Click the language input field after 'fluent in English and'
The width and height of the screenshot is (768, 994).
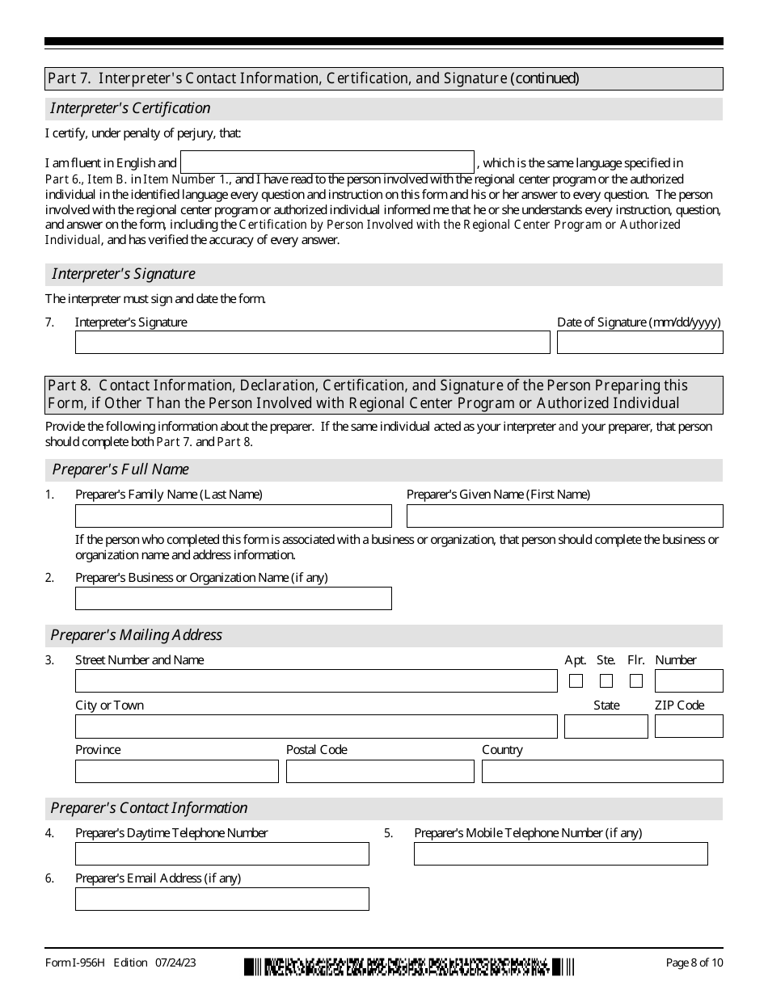pyautogui.click(x=327, y=162)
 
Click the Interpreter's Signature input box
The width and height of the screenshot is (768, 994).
pyautogui.click(x=312, y=343)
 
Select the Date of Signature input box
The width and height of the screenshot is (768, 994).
pyautogui.click(x=639, y=343)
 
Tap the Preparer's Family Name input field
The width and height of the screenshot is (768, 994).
pyautogui.click(x=233, y=516)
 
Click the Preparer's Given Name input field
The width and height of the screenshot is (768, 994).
pyautogui.click(x=564, y=516)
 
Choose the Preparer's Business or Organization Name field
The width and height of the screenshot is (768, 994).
pyautogui.click(x=233, y=598)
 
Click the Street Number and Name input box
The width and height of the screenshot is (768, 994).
pyautogui.click(x=316, y=681)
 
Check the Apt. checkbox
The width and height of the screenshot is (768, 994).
pyautogui.click(x=576, y=681)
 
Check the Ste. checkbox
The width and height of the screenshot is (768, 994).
pyautogui.click(x=606, y=681)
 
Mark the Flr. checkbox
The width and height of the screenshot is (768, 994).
pyautogui.click(x=636, y=681)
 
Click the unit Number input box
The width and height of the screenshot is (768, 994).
pyautogui.click(x=689, y=681)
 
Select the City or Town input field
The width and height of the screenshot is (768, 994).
pyautogui.click(x=316, y=727)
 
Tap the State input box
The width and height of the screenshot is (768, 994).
pyautogui.click(x=606, y=727)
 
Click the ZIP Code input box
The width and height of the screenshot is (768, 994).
pyautogui.click(x=689, y=727)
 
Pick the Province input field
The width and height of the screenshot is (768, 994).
pyautogui.click(x=176, y=772)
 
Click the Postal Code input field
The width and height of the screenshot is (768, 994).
pyautogui.click(x=380, y=772)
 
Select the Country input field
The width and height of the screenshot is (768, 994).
pyautogui.click(x=602, y=772)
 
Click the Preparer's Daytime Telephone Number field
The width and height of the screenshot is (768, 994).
pyautogui.click(x=222, y=854)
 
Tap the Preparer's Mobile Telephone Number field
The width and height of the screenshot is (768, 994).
pyautogui.click(x=560, y=854)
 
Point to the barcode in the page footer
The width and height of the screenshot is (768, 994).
pyautogui.click(x=409, y=966)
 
